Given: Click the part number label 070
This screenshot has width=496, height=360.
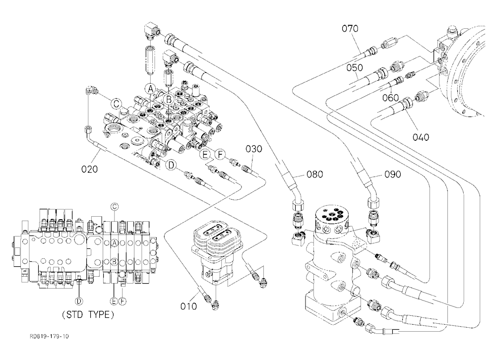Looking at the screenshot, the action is (350, 28).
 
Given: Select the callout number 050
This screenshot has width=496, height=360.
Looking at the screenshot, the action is (354, 67).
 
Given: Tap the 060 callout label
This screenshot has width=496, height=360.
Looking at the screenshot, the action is (390, 98).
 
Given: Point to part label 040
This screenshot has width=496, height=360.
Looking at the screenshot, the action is (421, 137).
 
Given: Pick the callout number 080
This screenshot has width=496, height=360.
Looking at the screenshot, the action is (315, 174).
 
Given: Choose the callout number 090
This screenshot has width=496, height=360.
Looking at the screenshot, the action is (392, 174).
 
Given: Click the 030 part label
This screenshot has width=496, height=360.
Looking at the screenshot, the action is (253, 149).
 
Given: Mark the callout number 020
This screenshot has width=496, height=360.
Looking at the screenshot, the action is (89, 169).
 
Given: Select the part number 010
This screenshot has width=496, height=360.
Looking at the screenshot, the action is (188, 306).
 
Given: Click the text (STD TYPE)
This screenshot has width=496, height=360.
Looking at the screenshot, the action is (88, 314).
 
